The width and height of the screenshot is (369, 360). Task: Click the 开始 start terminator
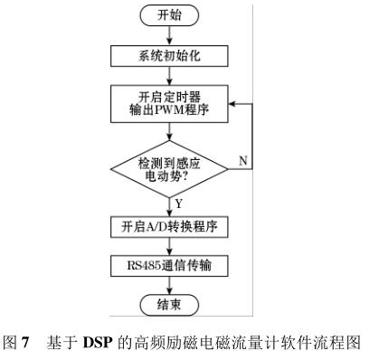[169, 15]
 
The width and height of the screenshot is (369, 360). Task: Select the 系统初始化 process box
[169, 56]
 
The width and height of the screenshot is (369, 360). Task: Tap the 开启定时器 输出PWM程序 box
[169, 104]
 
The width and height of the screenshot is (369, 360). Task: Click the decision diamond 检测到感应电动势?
[169, 169]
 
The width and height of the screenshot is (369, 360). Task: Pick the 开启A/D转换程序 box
[169, 227]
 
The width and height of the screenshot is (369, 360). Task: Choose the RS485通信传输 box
[169, 266]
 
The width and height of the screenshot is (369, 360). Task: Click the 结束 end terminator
[169, 305]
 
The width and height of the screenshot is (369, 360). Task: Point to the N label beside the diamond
[243, 161]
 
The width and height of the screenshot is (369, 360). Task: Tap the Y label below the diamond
[179, 204]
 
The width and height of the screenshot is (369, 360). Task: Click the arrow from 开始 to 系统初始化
[169, 36]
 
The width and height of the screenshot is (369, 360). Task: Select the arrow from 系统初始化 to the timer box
[169, 76]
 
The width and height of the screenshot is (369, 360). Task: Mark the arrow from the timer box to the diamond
[169, 132]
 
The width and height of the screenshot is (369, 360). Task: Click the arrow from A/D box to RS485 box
[169, 247]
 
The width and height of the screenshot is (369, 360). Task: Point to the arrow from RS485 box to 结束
[169, 286]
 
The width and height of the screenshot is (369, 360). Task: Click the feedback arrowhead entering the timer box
[232, 104]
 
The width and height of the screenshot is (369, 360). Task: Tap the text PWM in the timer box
[169, 109]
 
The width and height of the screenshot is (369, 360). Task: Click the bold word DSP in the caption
[98, 343]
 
